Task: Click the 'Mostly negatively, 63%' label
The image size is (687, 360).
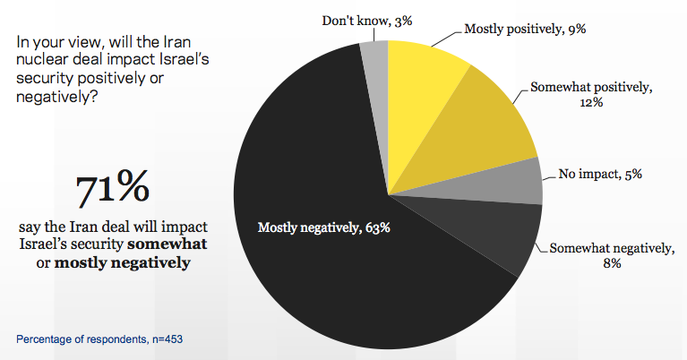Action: point(324,227)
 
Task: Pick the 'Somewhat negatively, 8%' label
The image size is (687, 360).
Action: point(611,255)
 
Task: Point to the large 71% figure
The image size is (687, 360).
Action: point(112,190)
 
